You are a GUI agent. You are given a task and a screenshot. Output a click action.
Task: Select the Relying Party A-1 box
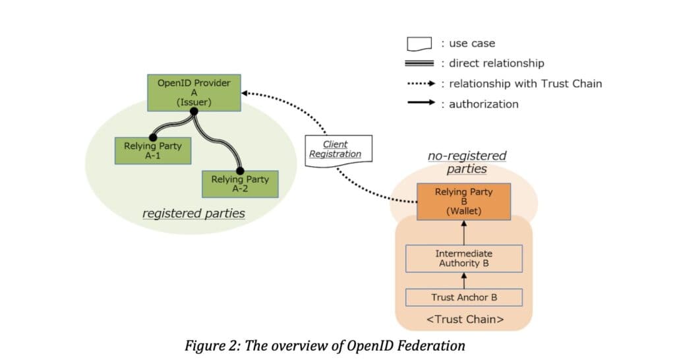pyautogui.click(x=152, y=151)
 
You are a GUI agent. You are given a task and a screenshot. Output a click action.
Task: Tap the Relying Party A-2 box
pyautogui.click(x=240, y=184)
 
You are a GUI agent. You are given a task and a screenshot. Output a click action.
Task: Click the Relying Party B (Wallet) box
pyautogui.click(x=463, y=202)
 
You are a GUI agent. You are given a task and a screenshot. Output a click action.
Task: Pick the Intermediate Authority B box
pyautogui.click(x=463, y=258)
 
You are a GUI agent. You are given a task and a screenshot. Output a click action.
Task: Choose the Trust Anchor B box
pyautogui.click(x=463, y=297)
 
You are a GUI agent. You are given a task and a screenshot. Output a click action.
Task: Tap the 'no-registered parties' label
pyautogui.click(x=467, y=162)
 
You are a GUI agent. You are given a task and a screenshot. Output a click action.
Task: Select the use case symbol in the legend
pyautogui.click(x=419, y=44)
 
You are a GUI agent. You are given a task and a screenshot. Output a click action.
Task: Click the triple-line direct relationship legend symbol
pyautogui.click(x=419, y=63)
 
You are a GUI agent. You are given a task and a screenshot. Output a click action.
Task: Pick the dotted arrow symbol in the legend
pyautogui.click(x=419, y=84)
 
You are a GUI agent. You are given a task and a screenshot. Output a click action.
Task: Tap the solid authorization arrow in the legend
pyautogui.click(x=419, y=104)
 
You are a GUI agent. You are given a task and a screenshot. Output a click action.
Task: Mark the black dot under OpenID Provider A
pyautogui.click(x=194, y=112)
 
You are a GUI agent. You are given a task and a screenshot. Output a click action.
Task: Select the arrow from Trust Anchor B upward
pyautogui.click(x=463, y=280)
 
